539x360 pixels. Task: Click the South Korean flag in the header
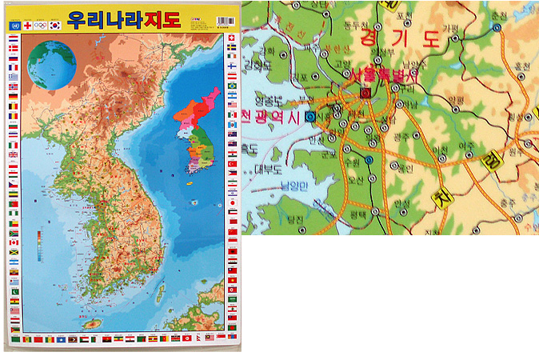54,25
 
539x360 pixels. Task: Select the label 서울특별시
384,76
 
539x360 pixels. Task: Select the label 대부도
268,169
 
